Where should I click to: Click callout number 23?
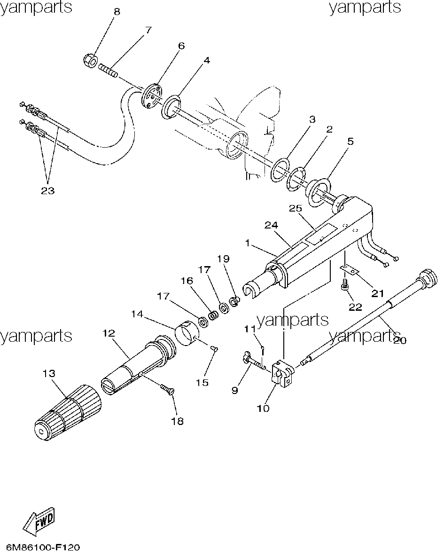(x=48, y=190)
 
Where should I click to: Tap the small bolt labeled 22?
(x=344, y=285)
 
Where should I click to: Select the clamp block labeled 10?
(x=283, y=375)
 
